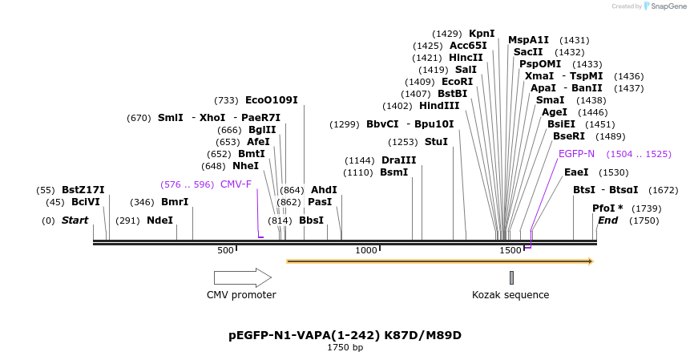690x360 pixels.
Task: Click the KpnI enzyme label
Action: tap(482, 34)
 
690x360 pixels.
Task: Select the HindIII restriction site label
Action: tap(439, 106)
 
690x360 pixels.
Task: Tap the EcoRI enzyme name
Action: tap(457, 82)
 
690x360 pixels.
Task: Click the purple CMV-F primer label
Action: tap(236, 184)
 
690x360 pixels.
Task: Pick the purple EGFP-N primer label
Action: tap(576, 154)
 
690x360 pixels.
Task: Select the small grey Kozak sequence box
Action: tap(511, 277)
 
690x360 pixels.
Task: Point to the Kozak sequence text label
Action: tap(510, 295)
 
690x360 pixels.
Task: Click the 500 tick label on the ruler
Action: tap(225, 250)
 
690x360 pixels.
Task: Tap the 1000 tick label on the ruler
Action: tap(366, 250)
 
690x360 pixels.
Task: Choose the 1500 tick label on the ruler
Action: tap(510, 250)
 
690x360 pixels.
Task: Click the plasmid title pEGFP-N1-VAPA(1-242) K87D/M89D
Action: tap(345, 335)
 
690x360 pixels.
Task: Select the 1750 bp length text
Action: tap(345, 348)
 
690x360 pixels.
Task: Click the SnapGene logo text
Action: tap(666, 6)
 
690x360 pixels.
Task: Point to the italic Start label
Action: tap(75, 220)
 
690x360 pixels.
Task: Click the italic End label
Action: tap(608, 220)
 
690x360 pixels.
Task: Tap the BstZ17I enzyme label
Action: tap(83, 190)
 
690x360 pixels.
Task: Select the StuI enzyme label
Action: tap(436, 142)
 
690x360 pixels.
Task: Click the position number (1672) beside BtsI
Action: tap(663, 190)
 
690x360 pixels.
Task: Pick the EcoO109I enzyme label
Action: tap(271, 100)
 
